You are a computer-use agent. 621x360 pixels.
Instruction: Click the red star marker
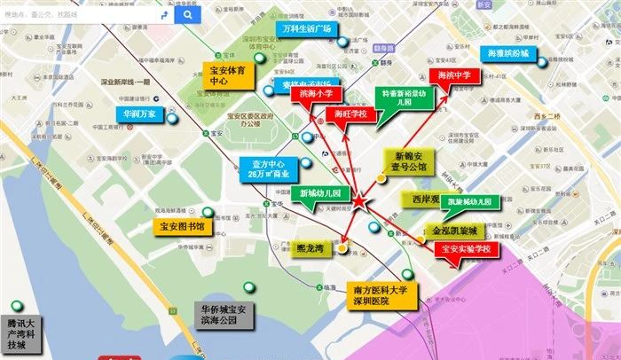(358, 203)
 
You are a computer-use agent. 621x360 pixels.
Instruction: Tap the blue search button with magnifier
(186, 15)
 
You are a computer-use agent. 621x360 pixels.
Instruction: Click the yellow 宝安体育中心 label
(232, 74)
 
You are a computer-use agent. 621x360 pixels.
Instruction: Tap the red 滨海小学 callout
(317, 92)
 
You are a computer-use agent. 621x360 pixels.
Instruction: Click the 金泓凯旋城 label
(455, 231)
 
